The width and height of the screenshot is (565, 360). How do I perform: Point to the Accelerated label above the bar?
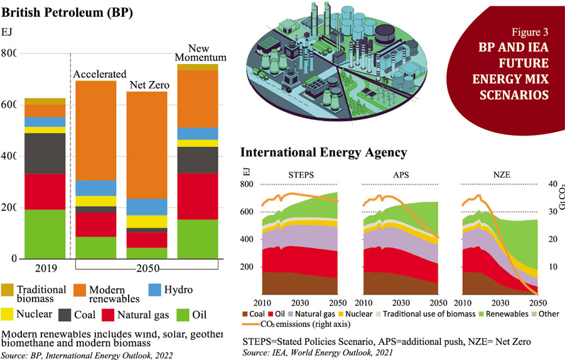coord(100,74)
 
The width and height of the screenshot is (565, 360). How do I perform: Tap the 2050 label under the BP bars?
coord(148,268)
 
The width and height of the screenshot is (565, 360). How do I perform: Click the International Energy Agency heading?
coord(324,152)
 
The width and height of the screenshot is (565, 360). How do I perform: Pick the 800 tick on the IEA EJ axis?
coord(249,184)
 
